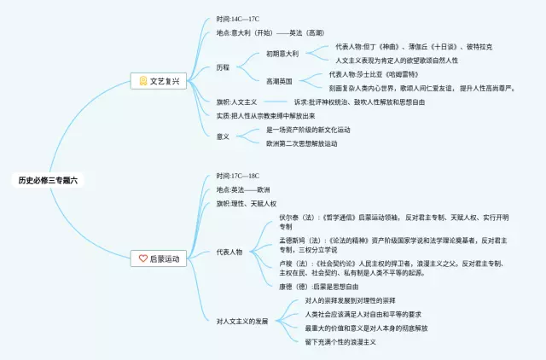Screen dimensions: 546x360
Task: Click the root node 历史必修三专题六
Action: pyautogui.click(x=49, y=180)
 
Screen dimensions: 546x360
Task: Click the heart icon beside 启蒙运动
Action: pyautogui.click(x=143, y=258)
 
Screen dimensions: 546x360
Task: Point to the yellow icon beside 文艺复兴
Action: pyautogui.click(x=143, y=81)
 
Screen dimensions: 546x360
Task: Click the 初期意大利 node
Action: pyautogui.click(x=282, y=53)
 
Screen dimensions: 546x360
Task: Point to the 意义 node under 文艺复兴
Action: pyautogui.click(x=223, y=136)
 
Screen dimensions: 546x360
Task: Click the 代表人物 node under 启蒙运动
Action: pyautogui.click(x=229, y=253)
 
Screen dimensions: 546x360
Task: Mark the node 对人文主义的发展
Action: pyautogui.click(x=242, y=322)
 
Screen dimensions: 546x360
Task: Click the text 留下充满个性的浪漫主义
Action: pyautogui.click(x=340, y=341)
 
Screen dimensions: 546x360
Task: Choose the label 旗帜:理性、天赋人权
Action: pyautogui.click(x=247, y=204)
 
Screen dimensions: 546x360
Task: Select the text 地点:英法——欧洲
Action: pyautogui.click(x=243, y=189)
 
